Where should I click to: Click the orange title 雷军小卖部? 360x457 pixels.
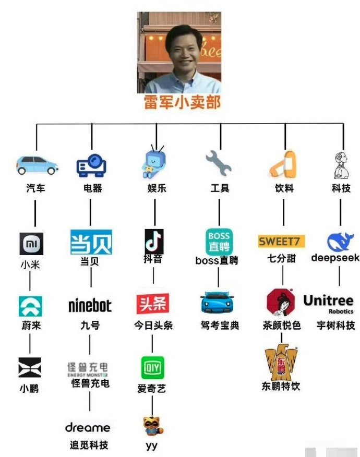pyautogui.click(x=182, y=102)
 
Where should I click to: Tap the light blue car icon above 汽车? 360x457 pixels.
pyautogui.click(x=37, y=165)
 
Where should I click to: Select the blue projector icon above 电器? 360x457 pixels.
pyautogui.click(x=91, y=165)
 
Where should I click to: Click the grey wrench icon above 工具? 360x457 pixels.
pyautogui.click(x=219, y=163)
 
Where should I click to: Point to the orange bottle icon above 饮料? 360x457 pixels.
pyautogui.click(x=284, y=164)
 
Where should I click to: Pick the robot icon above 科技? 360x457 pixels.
pyautogui.click(x=341, y=165)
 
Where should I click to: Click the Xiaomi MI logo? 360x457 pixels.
pyautogui.click(x=31, y=244)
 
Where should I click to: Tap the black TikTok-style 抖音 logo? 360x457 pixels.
pyautogui.click(x=154, y=242)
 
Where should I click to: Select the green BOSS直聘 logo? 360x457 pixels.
pyautogui.click(x=219, y=242)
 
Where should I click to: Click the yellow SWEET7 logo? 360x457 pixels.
pyautogui.click(x=281, y=242)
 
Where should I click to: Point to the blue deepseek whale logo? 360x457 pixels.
pyautogui.click(x=340, y=242)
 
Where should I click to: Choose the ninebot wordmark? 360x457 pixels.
pyautogui.click(x=90, y=306)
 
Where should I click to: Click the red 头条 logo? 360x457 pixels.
pyautogui.click(x=153, y=304)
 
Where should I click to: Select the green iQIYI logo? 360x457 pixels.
pyautogui.click(x=152, y=368)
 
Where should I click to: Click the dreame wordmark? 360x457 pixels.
pyautogui.click(x=88, y=428)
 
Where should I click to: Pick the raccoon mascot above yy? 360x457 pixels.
pyautogui.click(x=153, y=426)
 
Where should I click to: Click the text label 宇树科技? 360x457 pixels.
pyautogui.click(x=336, y=325)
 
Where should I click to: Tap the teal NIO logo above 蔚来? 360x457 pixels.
pyautogui.click(x=30, y=306)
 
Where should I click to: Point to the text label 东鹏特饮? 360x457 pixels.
pyautogui.click(x=281, y=386)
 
